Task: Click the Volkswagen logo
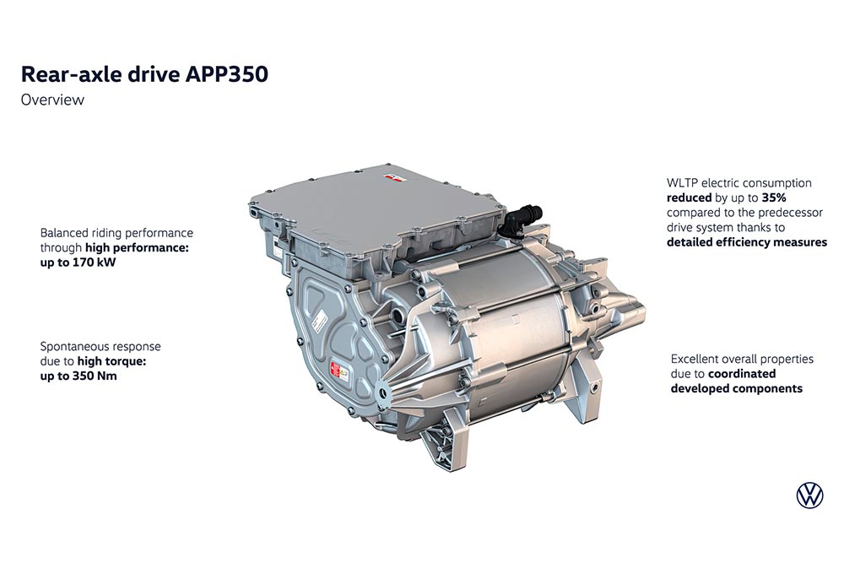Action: (x=809, y=495)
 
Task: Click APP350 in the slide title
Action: (x=226, y=74)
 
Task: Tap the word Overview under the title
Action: (x=52, y=100)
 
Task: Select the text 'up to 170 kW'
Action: (x=78, y=263)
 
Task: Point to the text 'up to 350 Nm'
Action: (x=78, y=376)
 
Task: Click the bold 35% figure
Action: (x=774, y=198)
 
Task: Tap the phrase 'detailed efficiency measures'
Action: (x=747, y=242)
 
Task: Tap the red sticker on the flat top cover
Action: (x=392, y=176)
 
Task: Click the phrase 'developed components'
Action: (x=736, y=388)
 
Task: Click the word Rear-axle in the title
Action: (x=72, y=74)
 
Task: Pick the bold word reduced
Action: (x=689, y=198)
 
